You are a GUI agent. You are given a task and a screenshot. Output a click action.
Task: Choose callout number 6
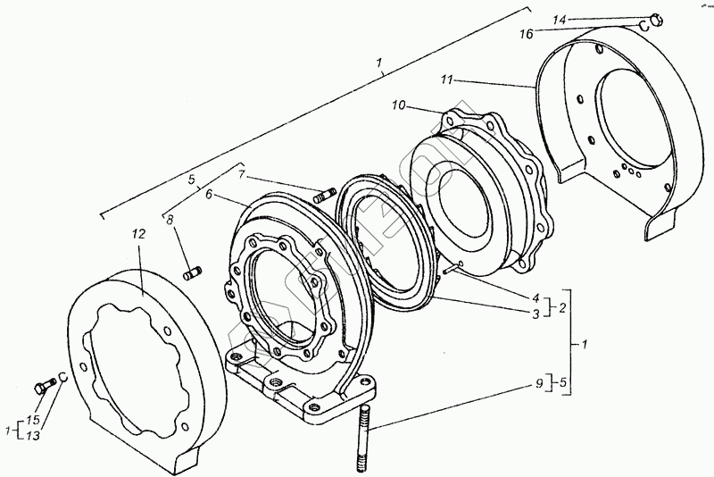coord(208,194)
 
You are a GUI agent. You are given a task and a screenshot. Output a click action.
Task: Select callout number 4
coord(536,297)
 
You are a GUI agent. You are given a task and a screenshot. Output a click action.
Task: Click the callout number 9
coord(537,386)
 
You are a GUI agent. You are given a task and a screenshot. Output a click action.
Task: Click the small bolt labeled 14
coord(656,17)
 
